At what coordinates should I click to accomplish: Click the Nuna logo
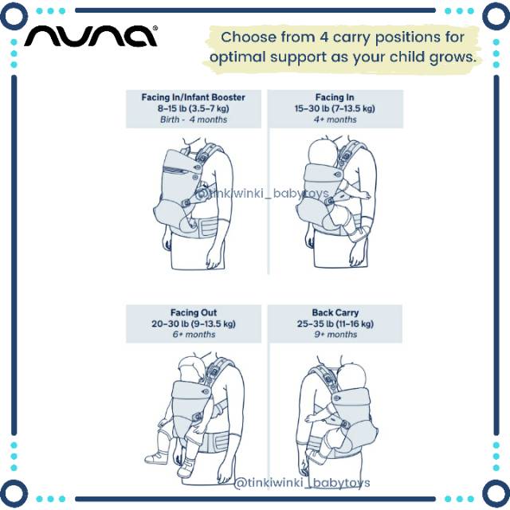pos(90,36)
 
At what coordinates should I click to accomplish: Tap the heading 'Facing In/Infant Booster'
pos(194,97)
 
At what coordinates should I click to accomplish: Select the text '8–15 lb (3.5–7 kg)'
pos(194,108)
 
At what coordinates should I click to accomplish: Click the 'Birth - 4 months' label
pos(194,120)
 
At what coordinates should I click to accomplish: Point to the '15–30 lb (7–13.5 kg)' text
pos(335,108)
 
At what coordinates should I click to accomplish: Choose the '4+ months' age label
pos(335,120)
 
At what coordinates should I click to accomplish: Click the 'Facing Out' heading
pos(194,312)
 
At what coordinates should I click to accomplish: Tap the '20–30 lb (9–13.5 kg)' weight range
pos(194,324)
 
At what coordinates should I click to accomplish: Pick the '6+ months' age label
pos(194,335)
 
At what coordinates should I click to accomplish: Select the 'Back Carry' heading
pos(335,312)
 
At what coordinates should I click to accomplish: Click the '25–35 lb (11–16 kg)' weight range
pos(335,324)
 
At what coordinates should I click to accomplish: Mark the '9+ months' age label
pos(335,335)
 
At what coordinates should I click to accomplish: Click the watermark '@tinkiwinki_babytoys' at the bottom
pos(302,483)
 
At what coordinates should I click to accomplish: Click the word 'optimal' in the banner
pos(242,57)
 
